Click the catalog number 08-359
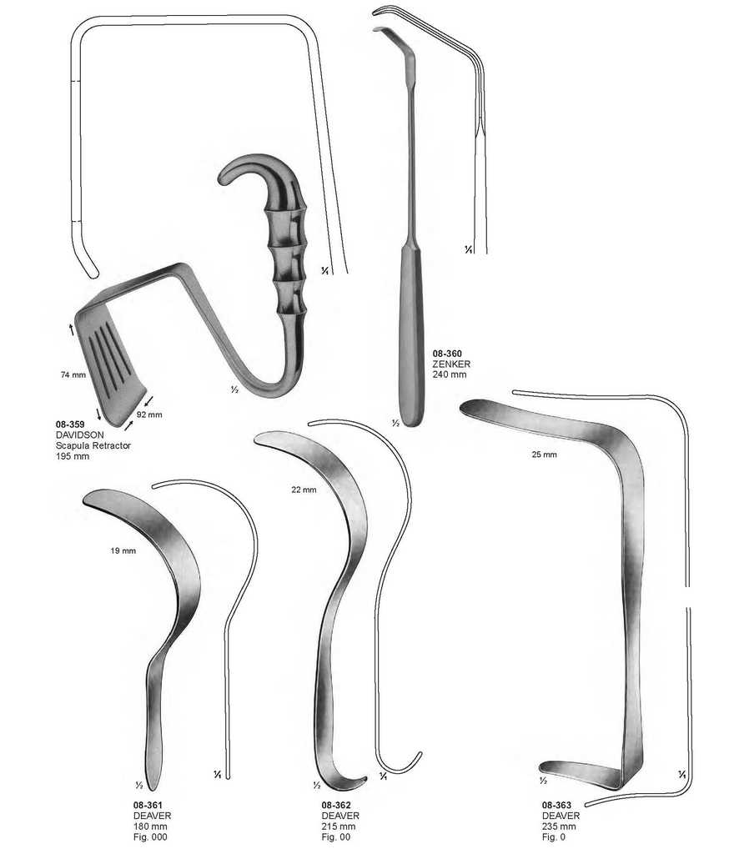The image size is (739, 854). point(70,424)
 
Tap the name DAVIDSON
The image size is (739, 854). point(79,435)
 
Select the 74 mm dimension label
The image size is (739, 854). point(73,374)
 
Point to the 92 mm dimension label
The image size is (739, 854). point(149,414)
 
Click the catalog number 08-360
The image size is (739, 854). point(447,354)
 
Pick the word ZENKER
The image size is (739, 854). point(451,364)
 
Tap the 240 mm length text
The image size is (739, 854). point(450,374)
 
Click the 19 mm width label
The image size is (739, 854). point(123,550)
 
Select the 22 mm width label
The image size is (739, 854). point(304,490)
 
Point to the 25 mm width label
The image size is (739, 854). point(545,455)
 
